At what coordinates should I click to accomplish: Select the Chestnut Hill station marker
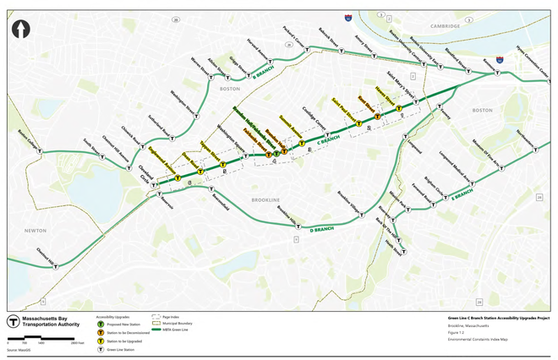point(56,265)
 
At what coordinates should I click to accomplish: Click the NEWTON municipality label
point(36,229)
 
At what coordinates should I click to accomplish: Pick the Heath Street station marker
point(406,252)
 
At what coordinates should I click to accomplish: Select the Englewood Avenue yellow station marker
point(178,178)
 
